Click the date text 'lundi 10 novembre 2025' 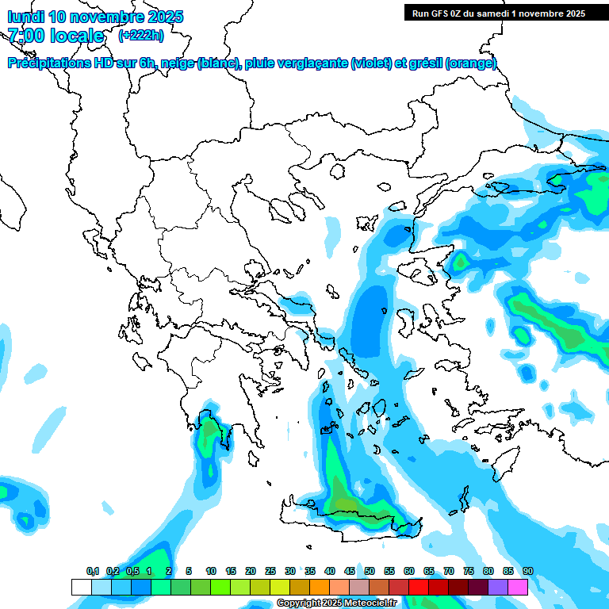pyautogui.click(x=95, y=17)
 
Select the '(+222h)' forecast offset pyautogui.click(x=141, y=35)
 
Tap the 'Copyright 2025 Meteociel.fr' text pyautogui.click(x=336, y=603)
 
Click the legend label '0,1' pyautogui.click(x=93, y=572)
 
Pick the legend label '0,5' pyautogui.click(x=132, y=572)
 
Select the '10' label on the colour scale pyautogui.click(x=211, y=572)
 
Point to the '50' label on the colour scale pyautogui.click(x=370, y=572)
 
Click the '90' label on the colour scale pyautogui.click(x=528, y=572)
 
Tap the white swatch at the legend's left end pyautogui.click(x=81, y=587)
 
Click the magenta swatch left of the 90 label pyautogui.click(x=518, y=587)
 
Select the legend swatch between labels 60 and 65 pyautogui.click(x=419, y=587)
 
